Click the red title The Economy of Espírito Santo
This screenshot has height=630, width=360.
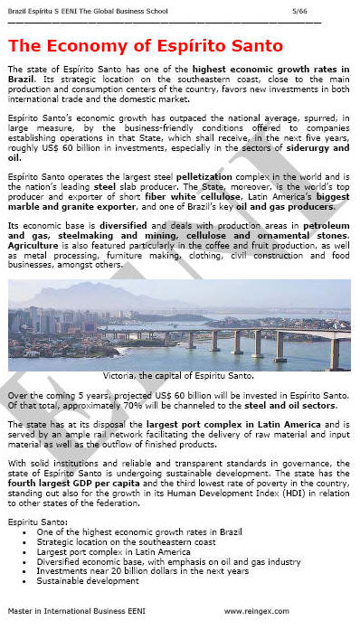click(x=145, y=46)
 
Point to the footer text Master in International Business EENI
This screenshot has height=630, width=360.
click(x=73, y=612)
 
